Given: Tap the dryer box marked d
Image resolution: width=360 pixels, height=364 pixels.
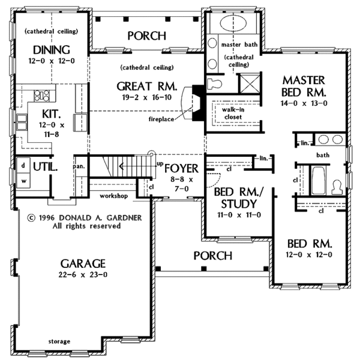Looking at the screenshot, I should point(23,165).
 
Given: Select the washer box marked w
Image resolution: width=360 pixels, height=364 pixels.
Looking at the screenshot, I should point(23,178).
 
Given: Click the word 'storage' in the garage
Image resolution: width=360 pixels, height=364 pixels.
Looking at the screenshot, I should point(59,342).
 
